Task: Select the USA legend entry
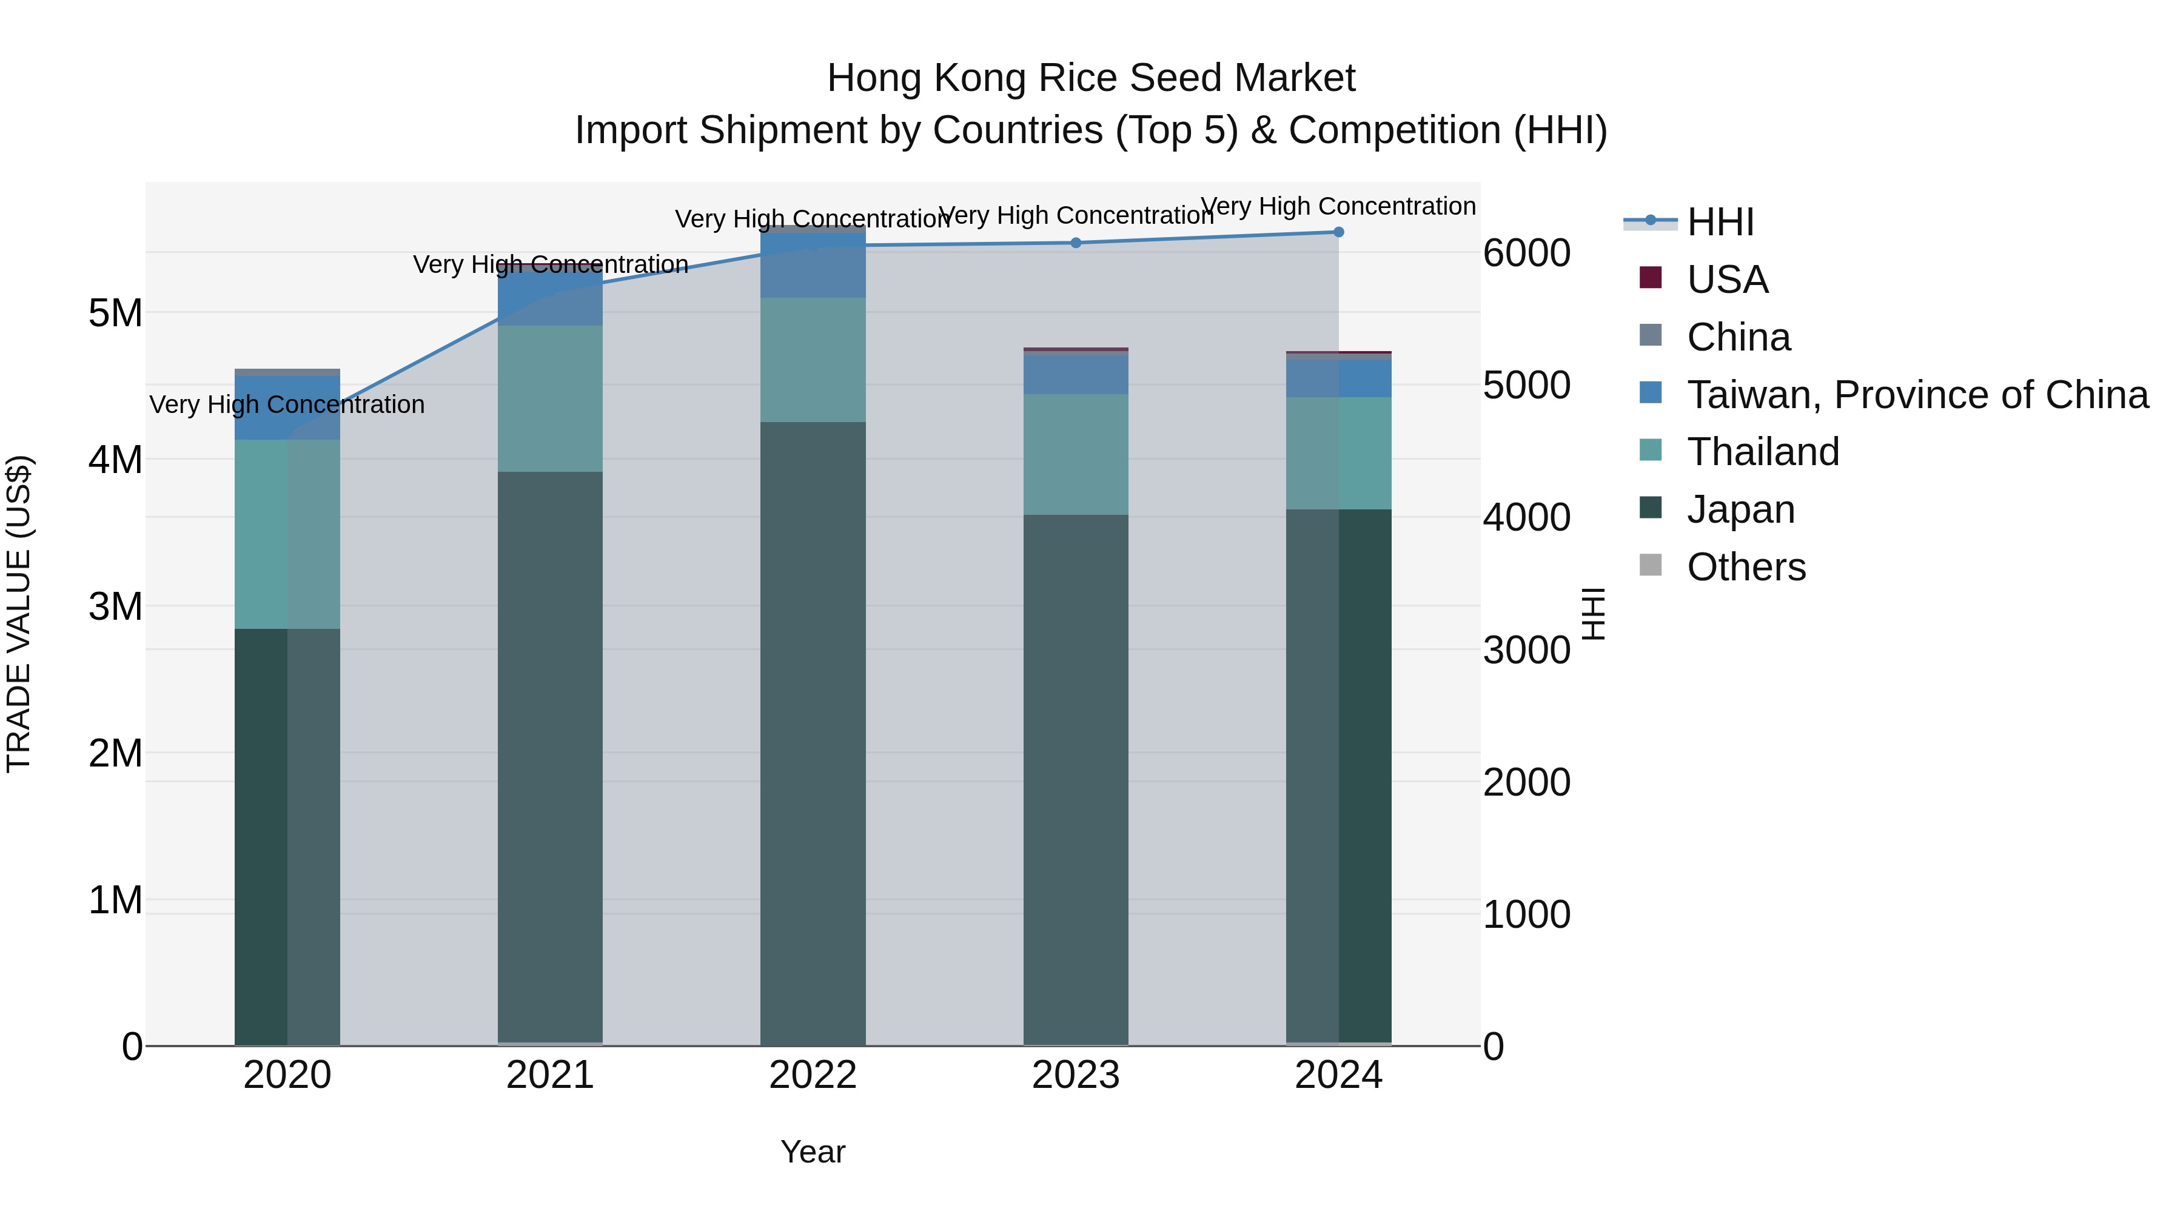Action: point(1726,280)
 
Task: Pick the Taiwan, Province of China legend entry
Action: point(1917,395)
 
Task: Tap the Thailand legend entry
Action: point(1763,452)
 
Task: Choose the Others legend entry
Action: point(1746,567)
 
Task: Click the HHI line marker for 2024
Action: point(1338,232)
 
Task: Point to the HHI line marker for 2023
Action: point(1075,243)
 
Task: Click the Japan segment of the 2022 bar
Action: point(813,733)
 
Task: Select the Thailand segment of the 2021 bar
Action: point(550,398)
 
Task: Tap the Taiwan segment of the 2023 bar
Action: point(1075,374)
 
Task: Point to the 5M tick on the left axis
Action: point(115,314)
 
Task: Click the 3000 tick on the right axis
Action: point(1526,651)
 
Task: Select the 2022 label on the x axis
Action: point(813,1075)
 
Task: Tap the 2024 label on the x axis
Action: point(1338,1075)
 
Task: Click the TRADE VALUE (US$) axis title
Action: point(19,614)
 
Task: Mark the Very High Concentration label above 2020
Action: point(287,405)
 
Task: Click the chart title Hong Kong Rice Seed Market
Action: point(1091,78)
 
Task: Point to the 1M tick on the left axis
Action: point(115,900)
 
